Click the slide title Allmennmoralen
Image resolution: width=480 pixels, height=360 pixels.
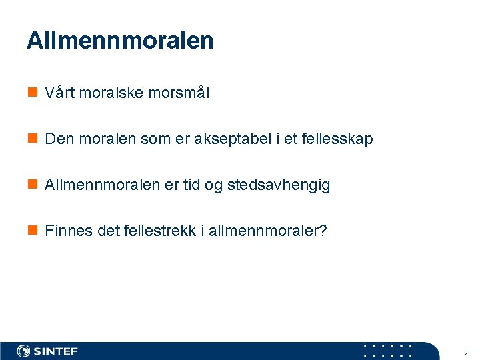120,41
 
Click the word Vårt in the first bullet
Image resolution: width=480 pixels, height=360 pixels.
59,93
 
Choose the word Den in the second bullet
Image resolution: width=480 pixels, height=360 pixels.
57,139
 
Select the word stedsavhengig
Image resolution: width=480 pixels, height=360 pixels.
279,185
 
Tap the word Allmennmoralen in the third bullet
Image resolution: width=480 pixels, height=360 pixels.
103,185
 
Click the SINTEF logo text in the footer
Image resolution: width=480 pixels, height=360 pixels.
55,351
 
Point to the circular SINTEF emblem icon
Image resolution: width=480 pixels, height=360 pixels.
24,351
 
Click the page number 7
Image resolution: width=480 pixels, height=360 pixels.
465,352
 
